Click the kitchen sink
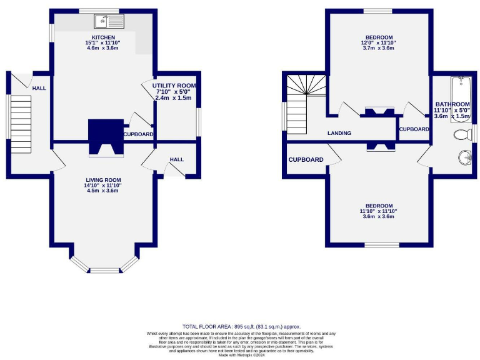coord(109,22)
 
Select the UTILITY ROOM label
coord(175,86)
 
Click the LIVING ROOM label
coord(102,179)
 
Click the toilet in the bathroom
coord(463,134)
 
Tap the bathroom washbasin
coord(464,156)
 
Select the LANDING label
coord(339,133)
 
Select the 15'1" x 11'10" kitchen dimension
coord(102,43)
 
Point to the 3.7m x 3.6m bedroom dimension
coord(378,48)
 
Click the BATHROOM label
coord(452,104)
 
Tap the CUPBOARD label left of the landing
coord(306,160)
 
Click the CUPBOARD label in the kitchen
coord(138,134)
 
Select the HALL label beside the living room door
coord(177,159)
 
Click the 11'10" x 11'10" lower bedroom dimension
coord(378,211)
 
